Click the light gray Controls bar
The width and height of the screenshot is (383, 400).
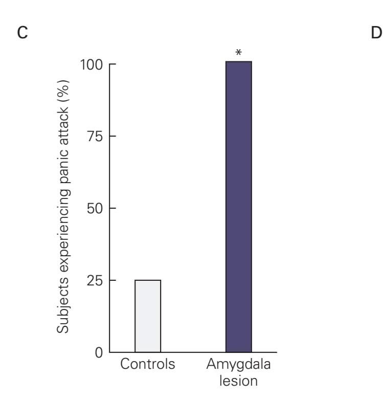[148, 316]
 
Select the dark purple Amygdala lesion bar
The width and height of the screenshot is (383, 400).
[239, 207]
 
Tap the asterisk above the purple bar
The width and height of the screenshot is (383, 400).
[238, 53]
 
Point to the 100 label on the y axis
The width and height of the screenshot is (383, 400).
[91, 65]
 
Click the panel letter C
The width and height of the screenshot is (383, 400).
[21, 34]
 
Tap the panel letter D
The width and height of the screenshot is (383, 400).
[375, 34]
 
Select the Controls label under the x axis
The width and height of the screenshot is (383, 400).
[148, 365]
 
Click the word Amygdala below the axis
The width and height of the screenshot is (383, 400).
[239, 365]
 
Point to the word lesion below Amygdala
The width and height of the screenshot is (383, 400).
[239, 381]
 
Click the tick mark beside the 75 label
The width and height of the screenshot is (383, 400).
[112, 137]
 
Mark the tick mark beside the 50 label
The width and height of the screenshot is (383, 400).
[112, 209]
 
